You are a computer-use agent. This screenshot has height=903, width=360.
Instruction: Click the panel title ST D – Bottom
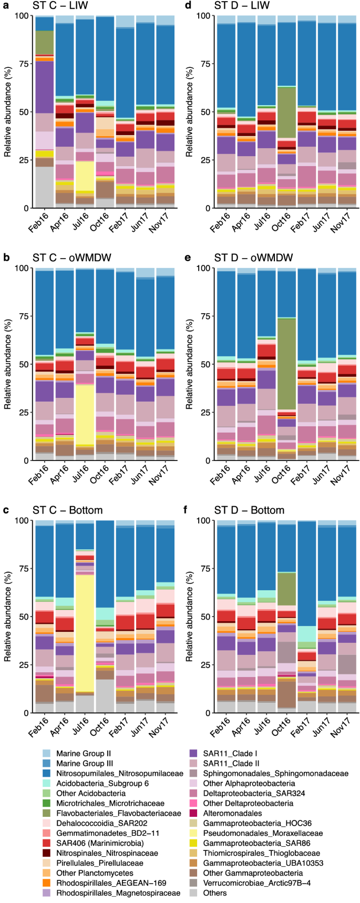pyautogui.click(x=249, y=510)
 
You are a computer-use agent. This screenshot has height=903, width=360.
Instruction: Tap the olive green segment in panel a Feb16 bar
pyautogui.click(x=44, y=42)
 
